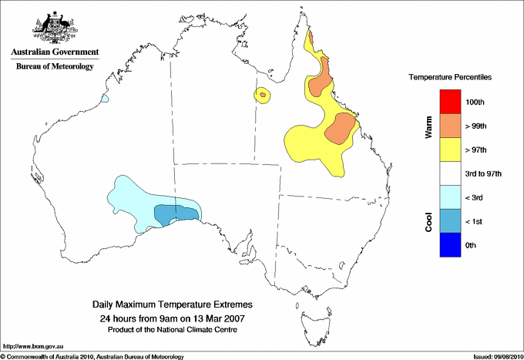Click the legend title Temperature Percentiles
(450, 78)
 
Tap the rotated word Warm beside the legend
(428, 127)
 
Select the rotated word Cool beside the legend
(428, 221)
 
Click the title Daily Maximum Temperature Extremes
(172, 306)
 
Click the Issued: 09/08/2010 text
(496, 356)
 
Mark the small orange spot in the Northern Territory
(264, 95)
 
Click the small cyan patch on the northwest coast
(105, 99)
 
